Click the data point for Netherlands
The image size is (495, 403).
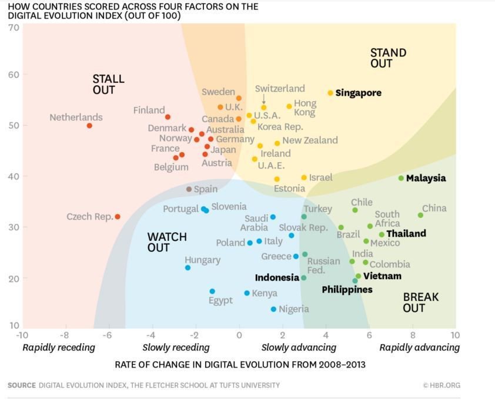point(89,126)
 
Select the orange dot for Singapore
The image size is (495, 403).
point(330,93)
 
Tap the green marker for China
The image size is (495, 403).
point(420,215)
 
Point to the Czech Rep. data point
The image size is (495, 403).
point(118,217)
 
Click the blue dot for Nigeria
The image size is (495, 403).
point(273,309)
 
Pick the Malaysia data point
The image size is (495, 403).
point(401,178)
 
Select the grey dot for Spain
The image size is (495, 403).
point(189,189)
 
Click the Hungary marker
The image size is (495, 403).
point(188,268)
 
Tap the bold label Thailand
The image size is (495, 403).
point(406,233)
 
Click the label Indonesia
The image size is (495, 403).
point(277,277)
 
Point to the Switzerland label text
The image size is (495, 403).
point(280,89)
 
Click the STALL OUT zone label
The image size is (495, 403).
point(108,85)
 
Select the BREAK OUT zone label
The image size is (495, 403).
point(420,303)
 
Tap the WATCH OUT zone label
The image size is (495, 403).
point(166,242)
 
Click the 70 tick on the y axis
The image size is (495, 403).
point(13,28)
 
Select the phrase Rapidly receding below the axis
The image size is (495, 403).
point(58,347)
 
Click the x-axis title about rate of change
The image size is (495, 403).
point(240,365)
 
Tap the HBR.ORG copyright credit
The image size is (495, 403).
point(441,385)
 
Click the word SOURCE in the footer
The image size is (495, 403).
point(22,385)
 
